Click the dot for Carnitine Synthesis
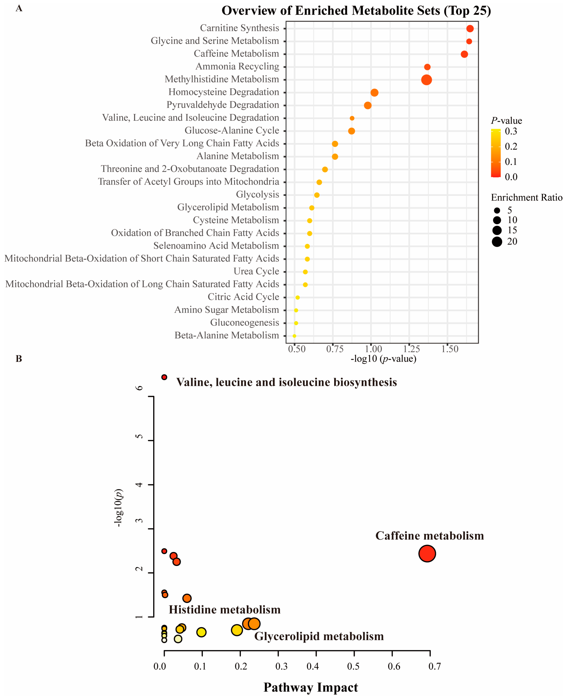tap(470, 29)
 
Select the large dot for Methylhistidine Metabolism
tap(426, 80)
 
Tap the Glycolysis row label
tap(257, 194)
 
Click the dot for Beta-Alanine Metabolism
tap(294, 336)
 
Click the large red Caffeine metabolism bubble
tap(427, 554)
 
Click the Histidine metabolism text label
tap(225, 610)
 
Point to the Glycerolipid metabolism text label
tap(319, 636)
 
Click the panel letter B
tap(19, 359)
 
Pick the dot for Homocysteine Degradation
tap(374, 93)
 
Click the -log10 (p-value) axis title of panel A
tap(383, 359)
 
